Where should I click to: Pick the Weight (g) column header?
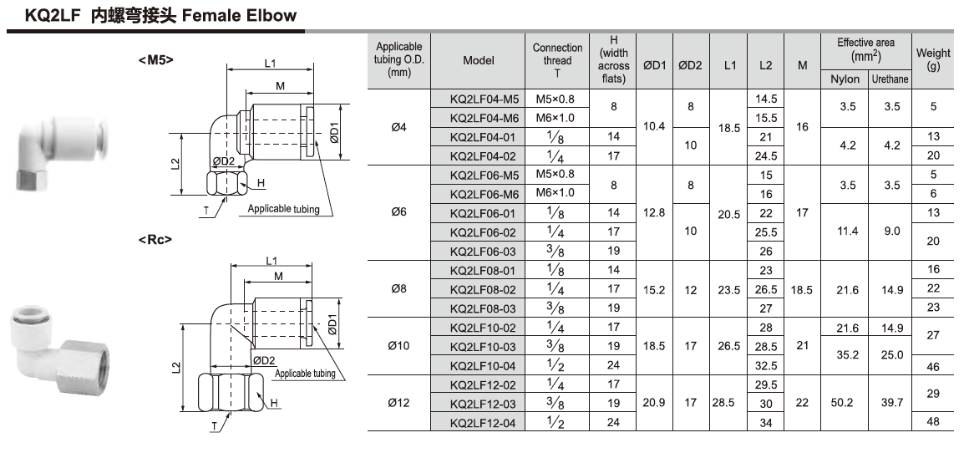point(933,60)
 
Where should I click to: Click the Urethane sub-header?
point(890,79)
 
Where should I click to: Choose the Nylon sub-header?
point(845,79)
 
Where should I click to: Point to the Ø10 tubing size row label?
point(399,346)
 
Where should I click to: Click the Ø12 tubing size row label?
point(399,403)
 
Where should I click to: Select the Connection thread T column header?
point(557,60)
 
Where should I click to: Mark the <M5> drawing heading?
point(155,59)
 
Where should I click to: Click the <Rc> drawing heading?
point(155,239)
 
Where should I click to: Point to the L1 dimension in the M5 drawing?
point(271,63)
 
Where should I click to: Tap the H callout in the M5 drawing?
point(261,183)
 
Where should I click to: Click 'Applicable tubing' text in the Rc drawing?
point(305,374)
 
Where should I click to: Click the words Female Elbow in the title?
point(240,15)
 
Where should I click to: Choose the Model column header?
point(479,60)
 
